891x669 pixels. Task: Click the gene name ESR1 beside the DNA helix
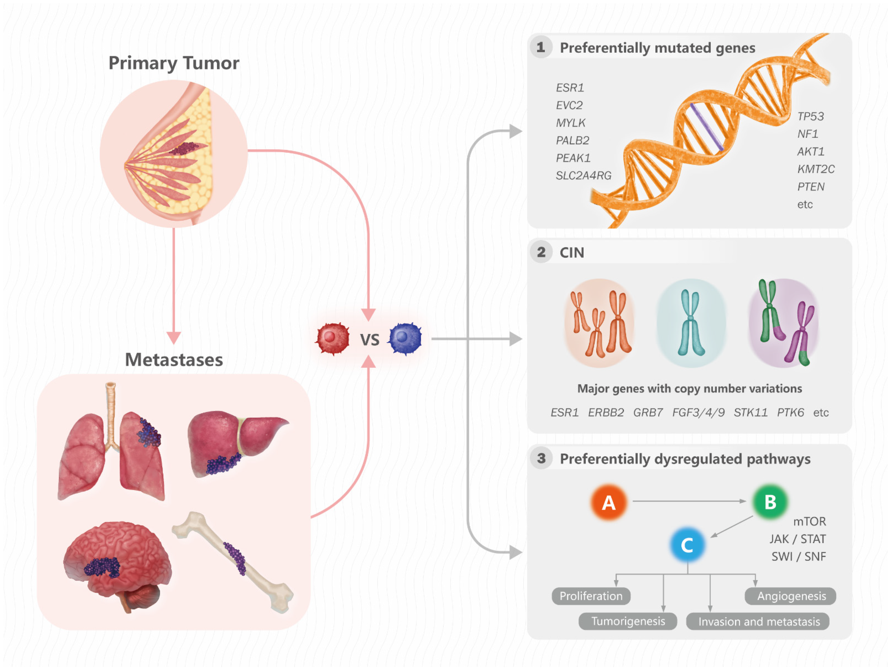pos(570,88)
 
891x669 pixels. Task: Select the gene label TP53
pos(810,116)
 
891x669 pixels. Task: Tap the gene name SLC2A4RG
pos(583,176)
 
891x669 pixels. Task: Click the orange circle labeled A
pos(609,503)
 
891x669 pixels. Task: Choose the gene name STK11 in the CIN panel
pos(750,412)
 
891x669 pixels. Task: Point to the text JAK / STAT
pos(798,539)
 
